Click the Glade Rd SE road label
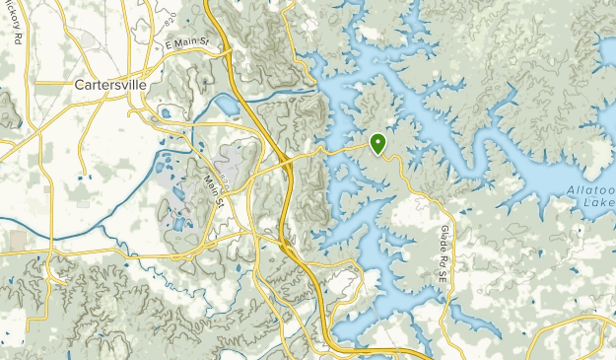coord(440,253)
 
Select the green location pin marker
coord(377,144)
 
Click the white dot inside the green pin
coord(377,141)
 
